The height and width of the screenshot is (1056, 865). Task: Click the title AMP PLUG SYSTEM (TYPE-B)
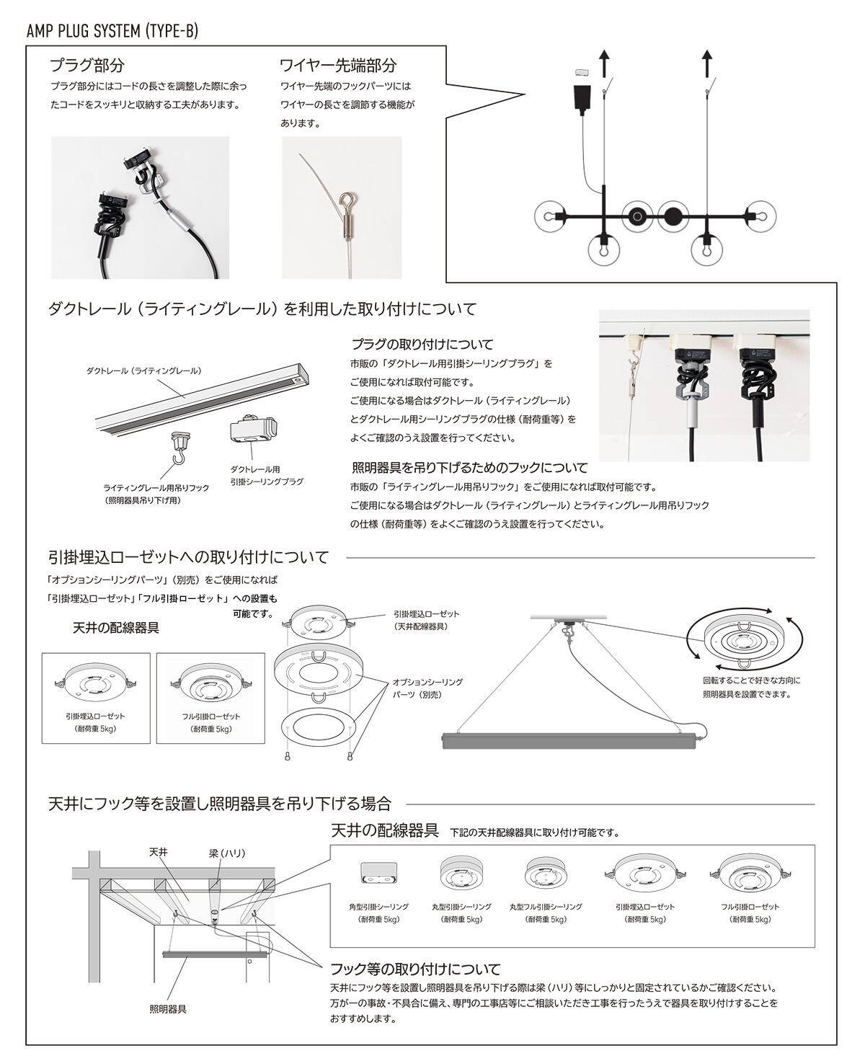click(x=112, y=31)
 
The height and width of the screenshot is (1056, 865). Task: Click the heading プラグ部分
click(x=86, y=66)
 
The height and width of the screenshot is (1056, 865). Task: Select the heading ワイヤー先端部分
click(x=337, y=66)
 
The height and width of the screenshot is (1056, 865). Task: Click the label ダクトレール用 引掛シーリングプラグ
click(x=266, y=476)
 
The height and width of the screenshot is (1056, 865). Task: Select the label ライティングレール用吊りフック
click(x=156, y=488)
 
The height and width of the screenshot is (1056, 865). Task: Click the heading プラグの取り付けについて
click(x=422, y=344)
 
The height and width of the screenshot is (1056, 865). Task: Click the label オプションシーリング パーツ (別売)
click(x=427, y=688)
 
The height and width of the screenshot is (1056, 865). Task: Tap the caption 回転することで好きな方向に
click(x=751, y=680)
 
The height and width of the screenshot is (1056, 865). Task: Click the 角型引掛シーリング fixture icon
click(x=378, y=873)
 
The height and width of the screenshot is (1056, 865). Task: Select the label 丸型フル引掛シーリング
click(x=545, y=907)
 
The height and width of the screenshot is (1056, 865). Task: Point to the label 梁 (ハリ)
click(x=227, y=853)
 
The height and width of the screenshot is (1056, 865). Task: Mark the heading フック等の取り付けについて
click(x=414, y=969)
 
